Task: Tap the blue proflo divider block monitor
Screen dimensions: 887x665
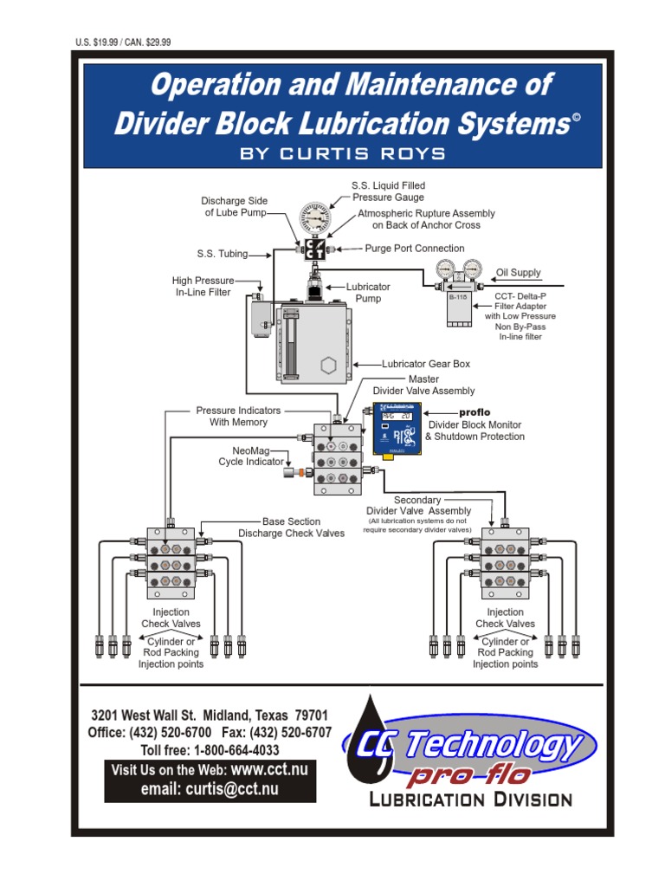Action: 397,428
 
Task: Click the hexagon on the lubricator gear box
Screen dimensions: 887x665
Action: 327,365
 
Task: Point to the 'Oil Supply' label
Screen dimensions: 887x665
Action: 518,273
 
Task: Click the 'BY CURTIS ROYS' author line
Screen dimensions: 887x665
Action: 342,153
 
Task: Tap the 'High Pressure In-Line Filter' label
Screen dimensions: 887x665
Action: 202,287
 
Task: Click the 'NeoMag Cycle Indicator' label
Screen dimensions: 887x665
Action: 251,456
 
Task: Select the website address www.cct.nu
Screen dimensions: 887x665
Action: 269,769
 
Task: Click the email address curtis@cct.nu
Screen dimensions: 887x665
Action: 210,788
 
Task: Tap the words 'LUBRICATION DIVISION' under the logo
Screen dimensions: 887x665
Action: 471,800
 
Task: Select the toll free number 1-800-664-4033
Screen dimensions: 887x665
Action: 210,750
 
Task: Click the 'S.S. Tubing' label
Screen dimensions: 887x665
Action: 223,255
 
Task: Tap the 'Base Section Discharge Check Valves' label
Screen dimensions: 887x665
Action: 291,528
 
